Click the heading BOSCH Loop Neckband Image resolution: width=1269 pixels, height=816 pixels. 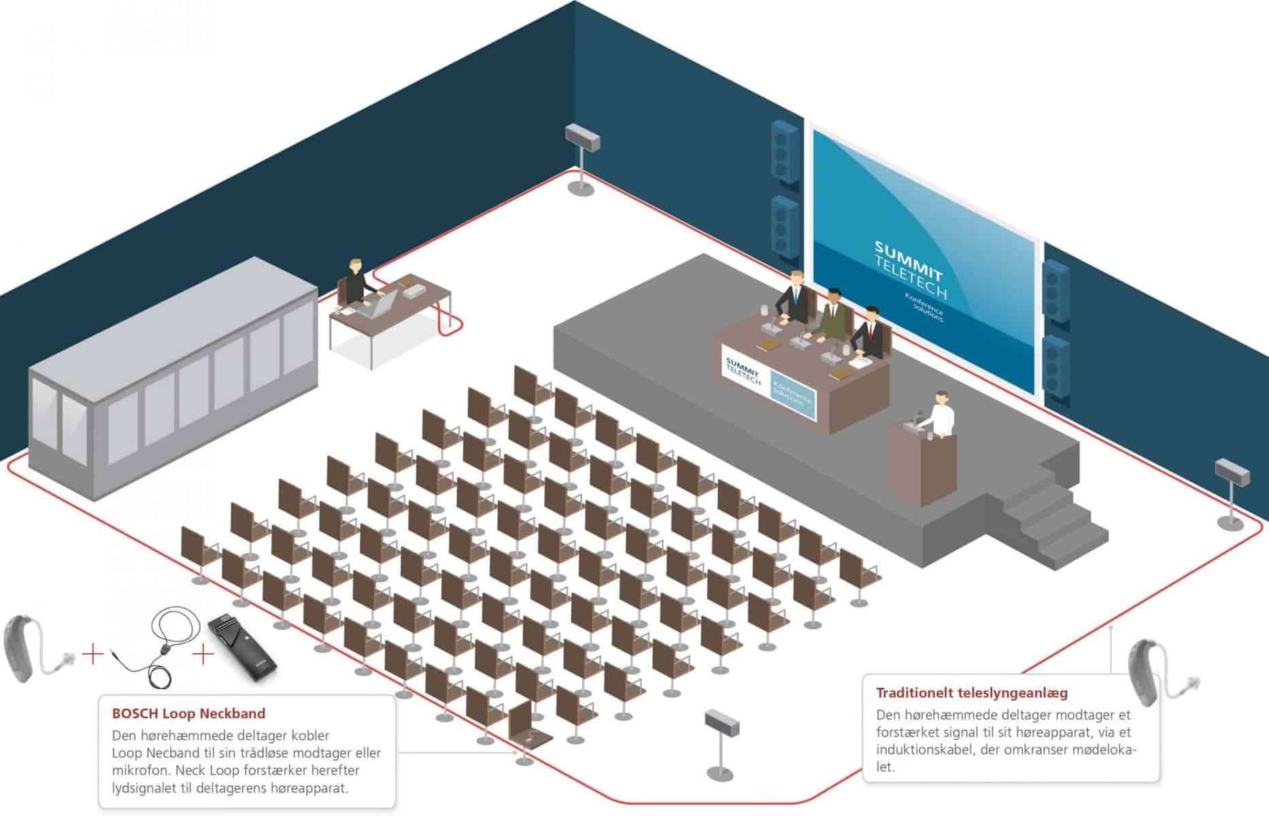[x=188, y=713]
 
